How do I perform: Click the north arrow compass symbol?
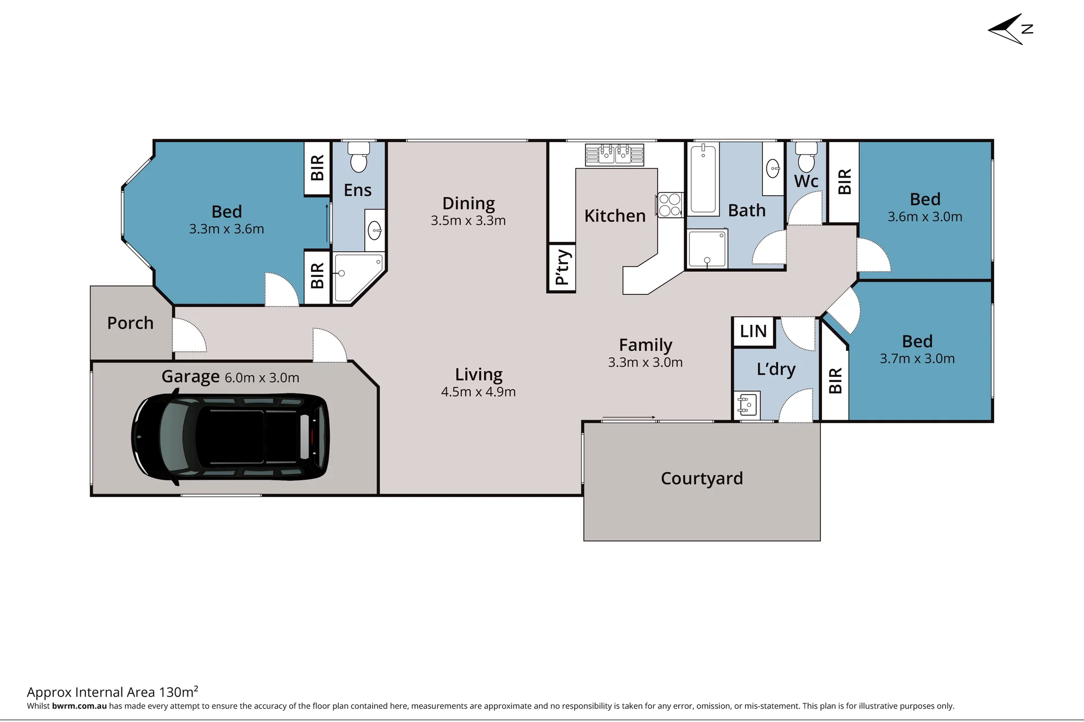tap(1011, 29)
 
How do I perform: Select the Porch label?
tap(130, 323)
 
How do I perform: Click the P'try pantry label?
tap(562, 267)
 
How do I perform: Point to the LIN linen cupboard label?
tap(754, 331)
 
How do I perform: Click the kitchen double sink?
tap(615, 154)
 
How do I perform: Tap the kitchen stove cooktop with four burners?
tap(670, 205)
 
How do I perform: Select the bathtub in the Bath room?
tap(703, 179)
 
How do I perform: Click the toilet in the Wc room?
tap(806, 157)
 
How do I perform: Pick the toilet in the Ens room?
tap(359, 157)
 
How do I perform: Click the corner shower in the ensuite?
tap(359, 278)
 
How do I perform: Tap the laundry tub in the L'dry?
tap(746, 404)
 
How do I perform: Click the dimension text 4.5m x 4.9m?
tap(478, 392)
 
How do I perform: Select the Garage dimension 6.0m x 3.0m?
tap(262, 378)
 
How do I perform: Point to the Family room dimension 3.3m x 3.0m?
tap(645, 363)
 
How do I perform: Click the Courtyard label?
tap(702, 478)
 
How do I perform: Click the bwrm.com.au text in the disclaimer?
tap(79, 706)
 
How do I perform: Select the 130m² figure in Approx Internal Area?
tap(178, 692)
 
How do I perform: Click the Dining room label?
tap(469, 204)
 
